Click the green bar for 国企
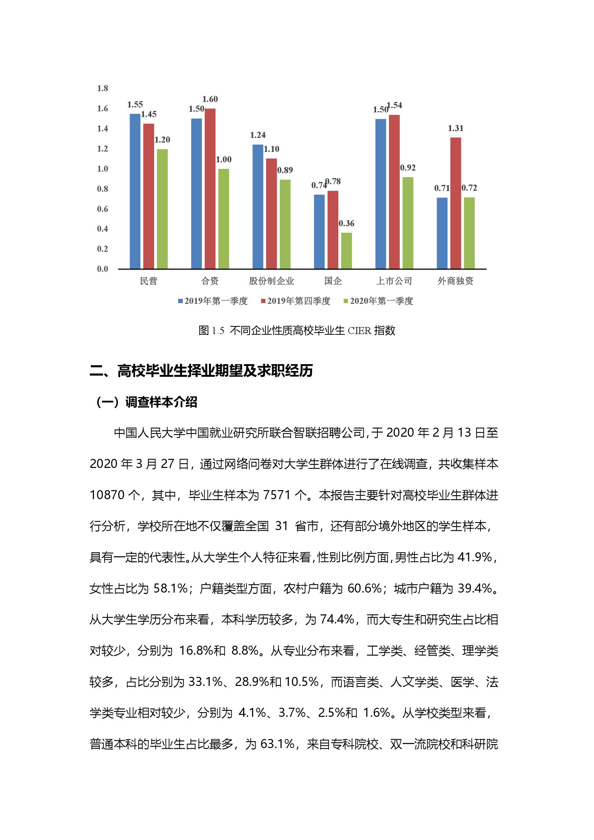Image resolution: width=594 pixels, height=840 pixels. click(346, 251)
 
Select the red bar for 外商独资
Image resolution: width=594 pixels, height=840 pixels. click(455, 203)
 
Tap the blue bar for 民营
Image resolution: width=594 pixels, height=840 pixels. click(135, 191)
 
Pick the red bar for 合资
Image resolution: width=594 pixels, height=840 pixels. click(210, 189)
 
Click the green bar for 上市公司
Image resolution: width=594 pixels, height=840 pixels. click(408, 223)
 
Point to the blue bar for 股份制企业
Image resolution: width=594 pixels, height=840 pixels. click(258, 207)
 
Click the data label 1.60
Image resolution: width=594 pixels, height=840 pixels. click(210, 99)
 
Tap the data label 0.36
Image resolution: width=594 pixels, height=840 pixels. click(346, 223)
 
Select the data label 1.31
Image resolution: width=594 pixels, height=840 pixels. click(456, 128)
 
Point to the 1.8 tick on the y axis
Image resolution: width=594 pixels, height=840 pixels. click(102, 88)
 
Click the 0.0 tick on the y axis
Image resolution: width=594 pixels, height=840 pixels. click(102, 269)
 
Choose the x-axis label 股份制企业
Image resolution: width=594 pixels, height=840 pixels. click(272, 281)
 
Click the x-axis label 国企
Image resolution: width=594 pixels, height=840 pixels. click(333, 281)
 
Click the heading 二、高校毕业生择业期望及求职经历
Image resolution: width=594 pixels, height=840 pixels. click(201, 371)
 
